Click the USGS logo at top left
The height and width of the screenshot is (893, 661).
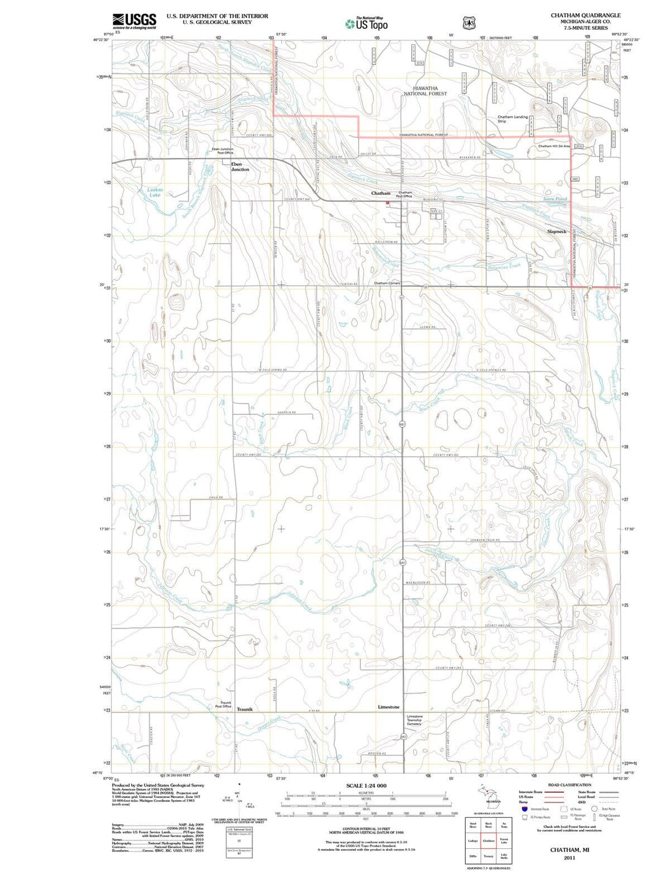tap(134, 21)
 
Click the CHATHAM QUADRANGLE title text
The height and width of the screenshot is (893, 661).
tap(585, 15)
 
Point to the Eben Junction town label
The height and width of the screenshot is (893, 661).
tap(240, 166)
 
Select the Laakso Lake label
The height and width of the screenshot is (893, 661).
tap(154, 192)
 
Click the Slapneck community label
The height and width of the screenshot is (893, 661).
tap(556, 231)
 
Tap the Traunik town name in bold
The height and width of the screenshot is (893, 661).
tap(245, 709)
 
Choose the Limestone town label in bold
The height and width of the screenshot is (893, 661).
tap(389, 707)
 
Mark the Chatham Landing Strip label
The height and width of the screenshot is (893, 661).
tap(512, 119)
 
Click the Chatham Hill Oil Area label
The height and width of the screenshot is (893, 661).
tap(554, 146)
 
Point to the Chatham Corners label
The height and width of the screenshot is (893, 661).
tap(387, 283)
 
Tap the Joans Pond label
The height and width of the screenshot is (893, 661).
tap(555, 199)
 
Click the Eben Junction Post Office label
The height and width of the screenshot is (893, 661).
tap(222, 151)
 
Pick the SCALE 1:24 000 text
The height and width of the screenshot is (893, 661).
tap(366, 785)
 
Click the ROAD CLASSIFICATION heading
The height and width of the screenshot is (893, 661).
tap(569, 785)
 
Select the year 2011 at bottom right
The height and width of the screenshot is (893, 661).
tap(570, 858)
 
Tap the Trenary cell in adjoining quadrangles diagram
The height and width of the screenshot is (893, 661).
tap(488, 856)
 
